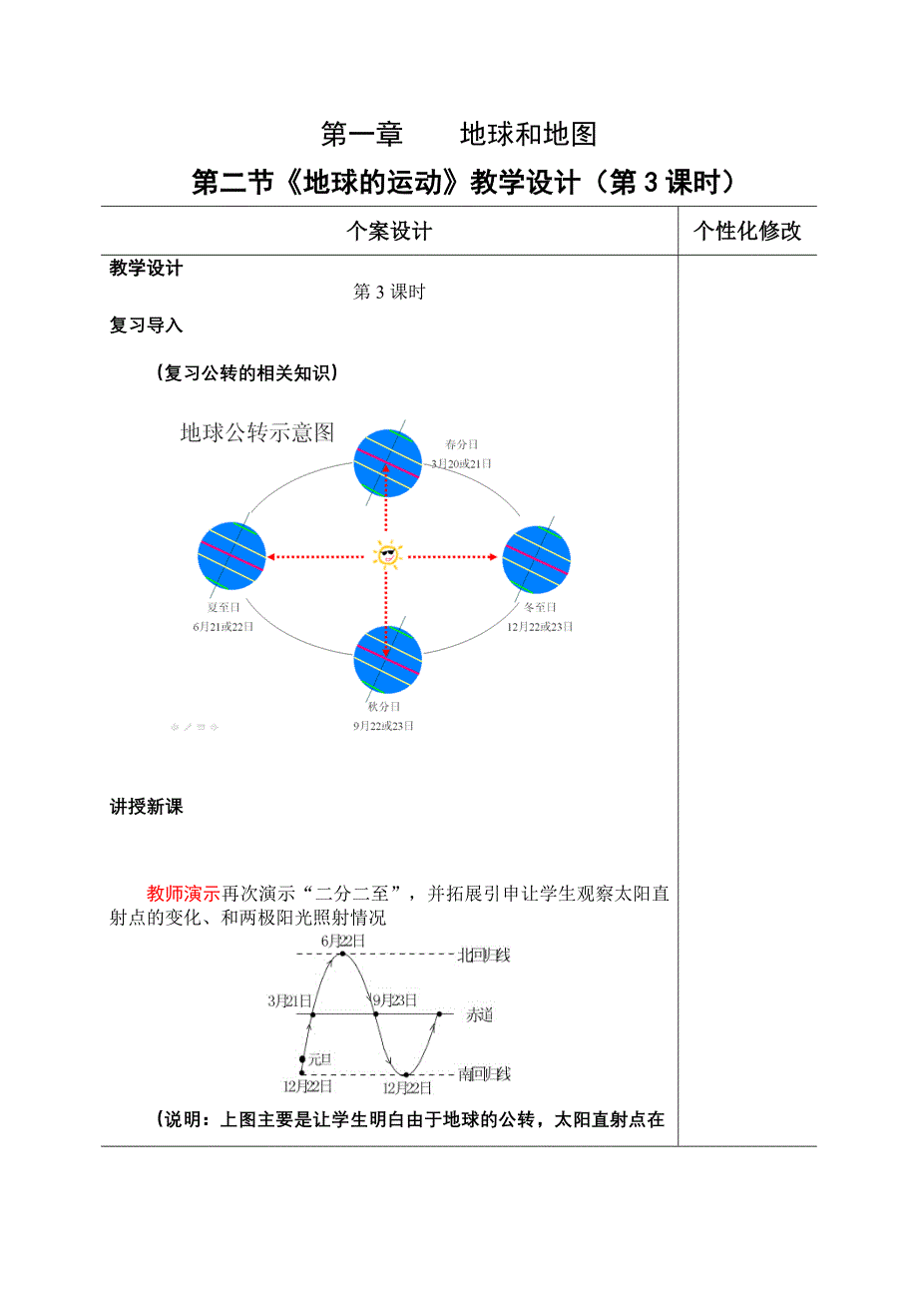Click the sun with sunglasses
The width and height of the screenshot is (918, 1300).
(386, 554)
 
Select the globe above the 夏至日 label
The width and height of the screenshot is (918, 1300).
(232, 556)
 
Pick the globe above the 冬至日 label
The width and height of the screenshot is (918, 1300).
(536, 556)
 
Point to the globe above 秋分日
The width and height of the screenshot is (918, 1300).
(388, 659)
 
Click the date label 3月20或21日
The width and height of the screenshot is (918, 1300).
(461, 463)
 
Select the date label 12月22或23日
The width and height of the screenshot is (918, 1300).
(540, 626)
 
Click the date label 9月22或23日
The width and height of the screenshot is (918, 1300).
(383, 726)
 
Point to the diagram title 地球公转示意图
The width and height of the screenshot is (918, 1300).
(256, 432)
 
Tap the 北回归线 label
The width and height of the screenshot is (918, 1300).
(483, 956)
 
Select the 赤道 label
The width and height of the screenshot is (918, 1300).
(479, 1015)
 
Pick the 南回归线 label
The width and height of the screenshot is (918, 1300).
(484, 1074)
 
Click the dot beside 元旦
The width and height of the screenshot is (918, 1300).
(302, 1058)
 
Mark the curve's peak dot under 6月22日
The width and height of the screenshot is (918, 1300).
(342, 955)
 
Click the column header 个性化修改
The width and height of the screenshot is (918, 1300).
(747, 232)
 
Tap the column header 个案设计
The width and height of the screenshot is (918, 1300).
(389, 232)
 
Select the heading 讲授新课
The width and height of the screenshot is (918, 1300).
(147, 807)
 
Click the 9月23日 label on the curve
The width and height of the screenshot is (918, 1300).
(394, 999)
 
